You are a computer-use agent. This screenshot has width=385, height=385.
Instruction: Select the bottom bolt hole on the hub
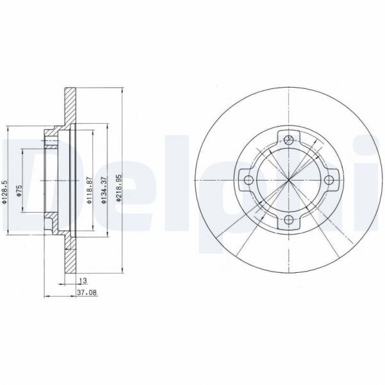click(289, 221)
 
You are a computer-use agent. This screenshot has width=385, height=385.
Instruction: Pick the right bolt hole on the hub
click(330, 180)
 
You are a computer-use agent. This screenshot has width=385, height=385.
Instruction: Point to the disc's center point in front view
click(289, 180)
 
